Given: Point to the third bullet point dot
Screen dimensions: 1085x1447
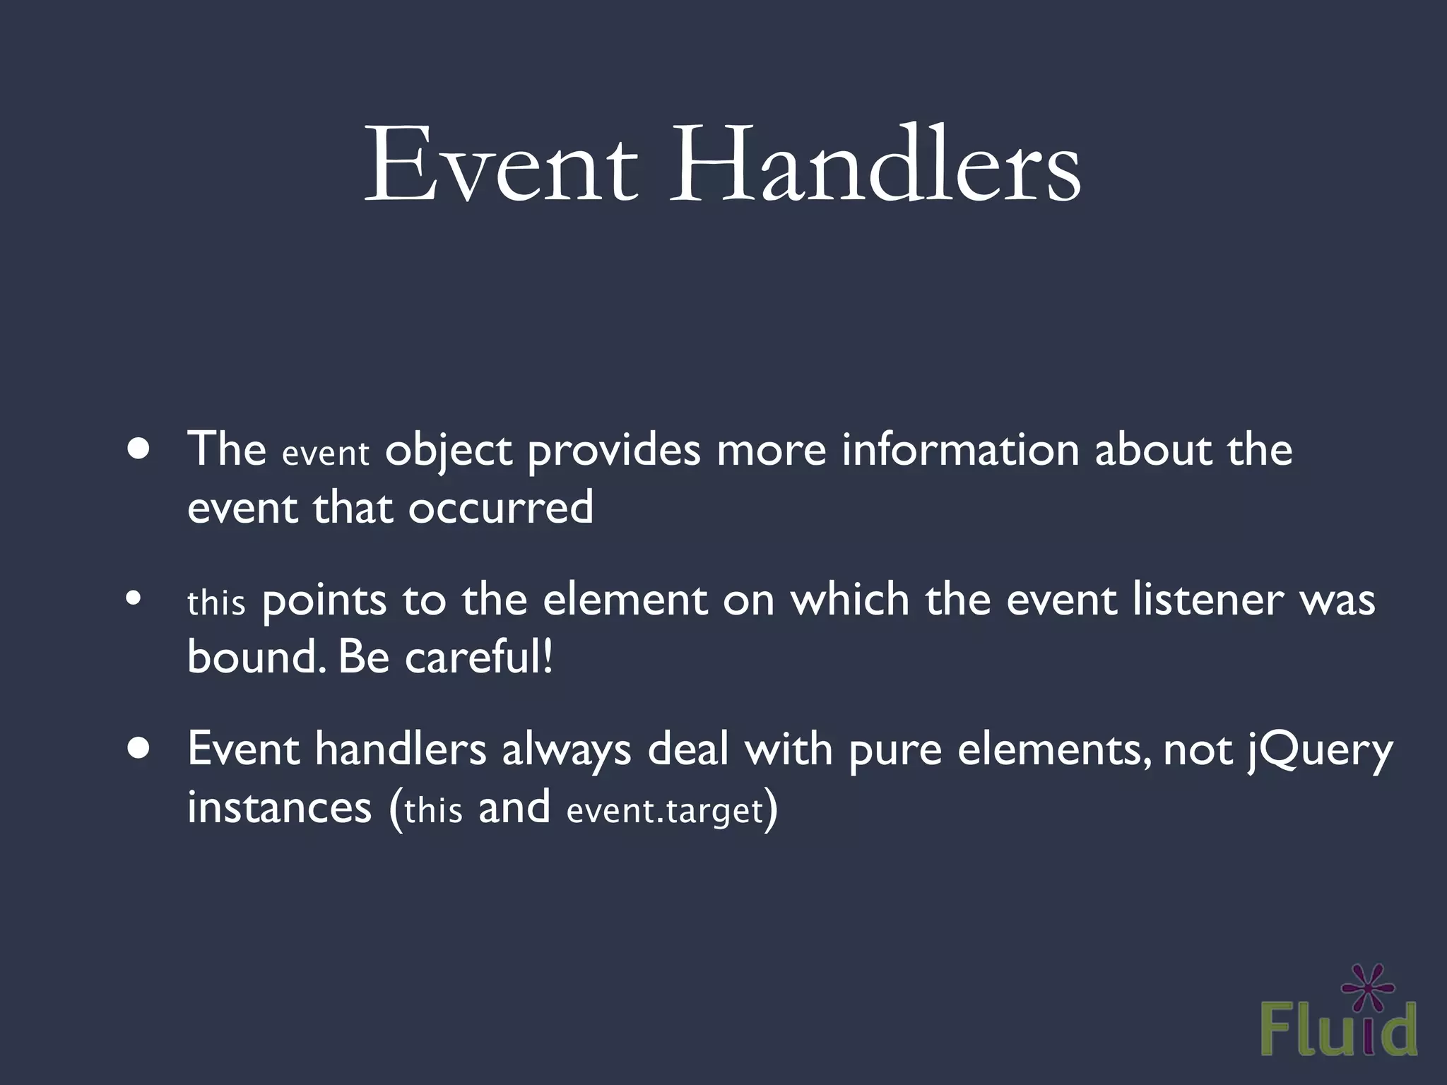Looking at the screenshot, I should pos(139,750).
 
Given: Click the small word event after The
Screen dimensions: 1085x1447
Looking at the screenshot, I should pos(325,453).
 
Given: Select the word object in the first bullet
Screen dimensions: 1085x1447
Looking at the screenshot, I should pos(448,451).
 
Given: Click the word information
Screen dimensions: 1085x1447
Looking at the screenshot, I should pos(960,449).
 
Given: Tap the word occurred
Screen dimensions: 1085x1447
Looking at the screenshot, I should pos(500,508).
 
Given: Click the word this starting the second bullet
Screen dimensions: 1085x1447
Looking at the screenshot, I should pos(216,603).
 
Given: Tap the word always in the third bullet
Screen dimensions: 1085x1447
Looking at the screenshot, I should pos(566,750).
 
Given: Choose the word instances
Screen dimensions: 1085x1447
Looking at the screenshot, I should pos(279,807).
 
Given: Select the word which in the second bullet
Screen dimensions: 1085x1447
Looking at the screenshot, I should pos(849,600).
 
